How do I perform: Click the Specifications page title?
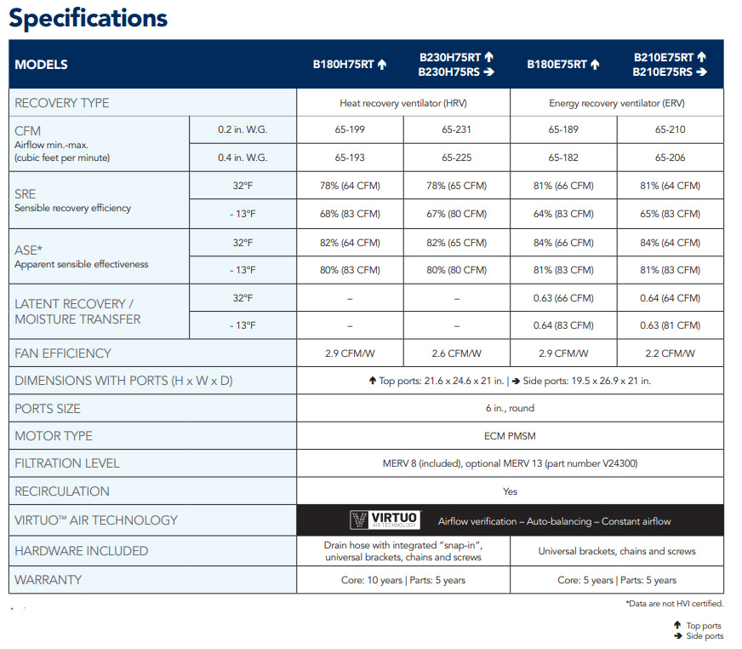click(88, 18)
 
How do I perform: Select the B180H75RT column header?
click(350, 64)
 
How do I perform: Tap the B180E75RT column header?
click(563, 64)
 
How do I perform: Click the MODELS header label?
click(42, 65)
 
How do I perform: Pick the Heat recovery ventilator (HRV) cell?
click(402, 103)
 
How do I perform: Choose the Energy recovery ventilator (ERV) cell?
click(617, 103)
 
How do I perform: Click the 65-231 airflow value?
click(457, 130)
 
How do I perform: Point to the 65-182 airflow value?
click(563, 158)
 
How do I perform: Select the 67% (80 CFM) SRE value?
click(457, 214)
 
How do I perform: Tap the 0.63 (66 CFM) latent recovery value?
click(563, 298)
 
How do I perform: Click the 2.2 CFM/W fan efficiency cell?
click(671, 353)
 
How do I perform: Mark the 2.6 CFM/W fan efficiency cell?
click(457, 353)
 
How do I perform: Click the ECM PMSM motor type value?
click(510, 436)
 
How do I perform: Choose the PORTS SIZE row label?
click(48, 409)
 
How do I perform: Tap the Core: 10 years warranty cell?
click(402, 580)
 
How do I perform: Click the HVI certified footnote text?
click(674, 604)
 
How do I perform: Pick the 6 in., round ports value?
click(510, 408)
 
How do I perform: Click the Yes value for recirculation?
click(510, 491)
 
